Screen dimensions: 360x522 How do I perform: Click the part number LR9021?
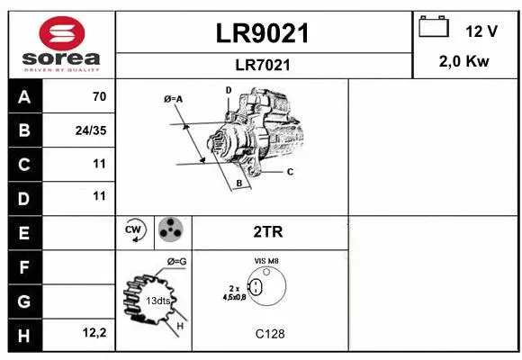pos(264,33)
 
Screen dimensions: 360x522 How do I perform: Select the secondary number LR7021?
pos(264,65)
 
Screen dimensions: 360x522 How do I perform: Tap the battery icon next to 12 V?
pos(434,29)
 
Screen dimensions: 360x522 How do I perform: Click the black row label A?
pos(23,96)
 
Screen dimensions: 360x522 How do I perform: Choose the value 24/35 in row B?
pos(91,130)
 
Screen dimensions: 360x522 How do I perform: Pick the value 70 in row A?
pos(99,96)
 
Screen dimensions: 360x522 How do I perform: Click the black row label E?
pos(23,232)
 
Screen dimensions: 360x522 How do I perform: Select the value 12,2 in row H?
pos(94,333)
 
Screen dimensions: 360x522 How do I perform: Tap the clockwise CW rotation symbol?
pos(135,231)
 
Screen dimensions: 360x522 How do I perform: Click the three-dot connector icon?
pos(170,231)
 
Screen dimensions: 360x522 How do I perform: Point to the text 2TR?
pos(269,232)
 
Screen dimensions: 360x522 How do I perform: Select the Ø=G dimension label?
pos(175,262)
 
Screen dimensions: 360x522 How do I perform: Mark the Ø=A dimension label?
pos(173,98)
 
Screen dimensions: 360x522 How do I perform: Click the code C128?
pos(269,333)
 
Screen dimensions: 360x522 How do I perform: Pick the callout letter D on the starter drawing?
pos(229,90)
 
